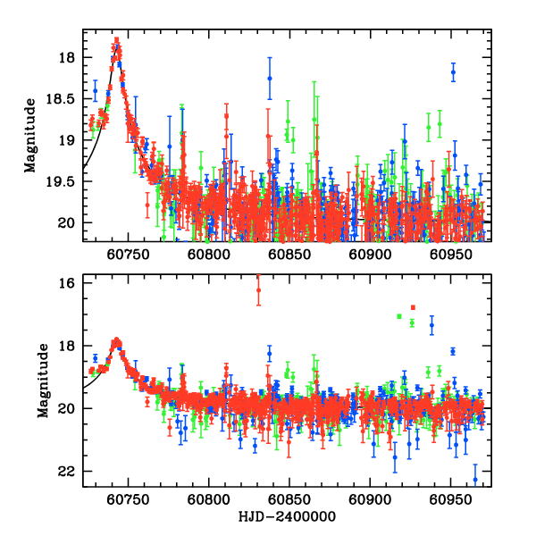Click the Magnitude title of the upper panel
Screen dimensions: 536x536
tap(30, 136)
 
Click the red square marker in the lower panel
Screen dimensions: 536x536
tap(413, 307)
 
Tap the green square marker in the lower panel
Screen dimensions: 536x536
tap(399, 316)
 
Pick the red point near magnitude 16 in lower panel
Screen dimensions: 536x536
tap(258, 289)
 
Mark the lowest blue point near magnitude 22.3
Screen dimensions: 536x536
tap(475, 480)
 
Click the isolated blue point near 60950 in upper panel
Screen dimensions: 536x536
tap(453, 71)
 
